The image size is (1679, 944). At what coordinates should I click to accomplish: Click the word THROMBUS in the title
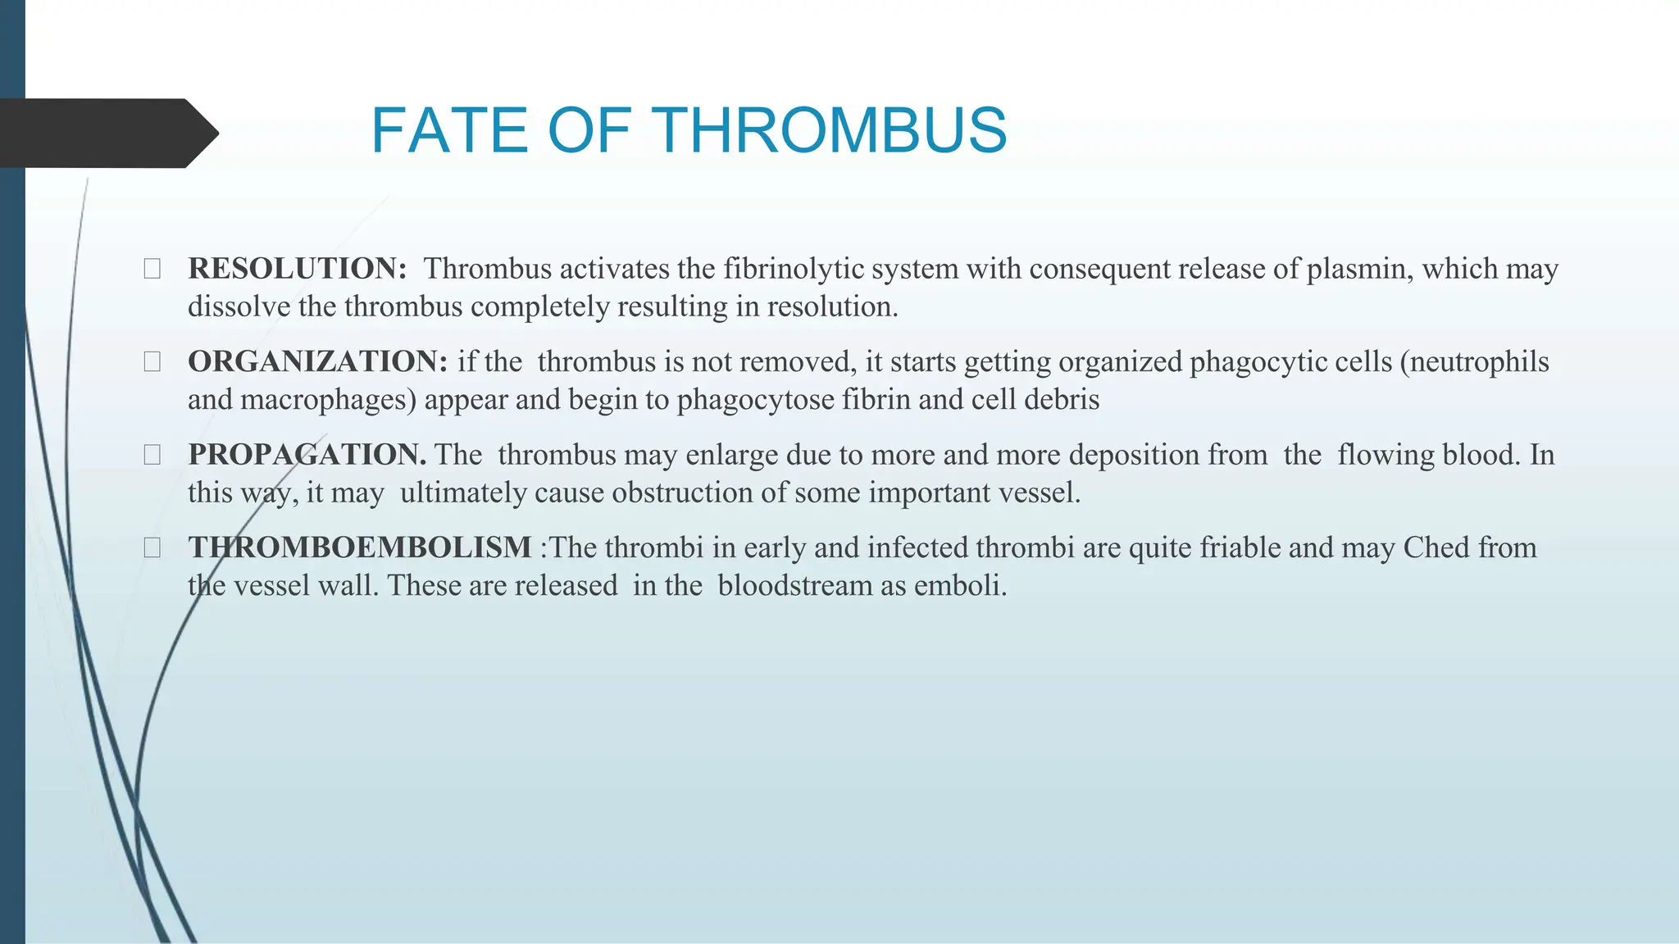click(832, 131)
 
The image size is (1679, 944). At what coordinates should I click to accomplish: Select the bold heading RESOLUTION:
click(298, 269)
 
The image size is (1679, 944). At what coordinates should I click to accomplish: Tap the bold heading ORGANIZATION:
click(317, 361)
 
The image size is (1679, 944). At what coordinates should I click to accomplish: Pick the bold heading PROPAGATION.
click(307, 455)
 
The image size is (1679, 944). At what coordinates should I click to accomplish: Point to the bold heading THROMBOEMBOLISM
click(360, 547)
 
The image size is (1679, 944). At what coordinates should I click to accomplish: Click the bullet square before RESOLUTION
click(152, 269)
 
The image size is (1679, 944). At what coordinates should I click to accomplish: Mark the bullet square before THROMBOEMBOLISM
click(152, 547)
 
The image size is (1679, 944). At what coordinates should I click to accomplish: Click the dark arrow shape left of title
click(107, 133)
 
